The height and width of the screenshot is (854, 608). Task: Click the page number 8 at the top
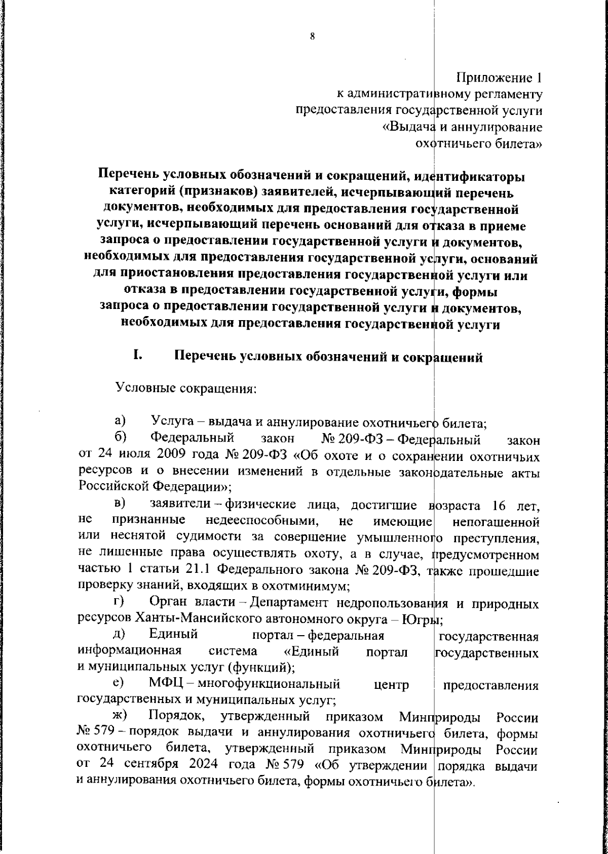tap(312, 36)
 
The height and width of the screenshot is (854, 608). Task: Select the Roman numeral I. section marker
tap(137, 356)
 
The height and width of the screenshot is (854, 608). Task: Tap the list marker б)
tap(120, 437)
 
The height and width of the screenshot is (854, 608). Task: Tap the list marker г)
tap(120, 602)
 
